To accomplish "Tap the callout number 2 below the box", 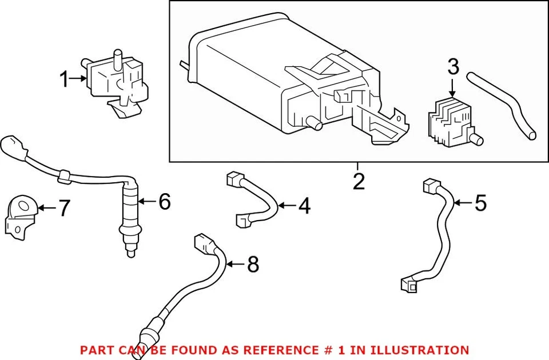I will [x=359, y=182].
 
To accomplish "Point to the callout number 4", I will [x=304, y=206].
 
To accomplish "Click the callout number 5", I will [x=480, y=203].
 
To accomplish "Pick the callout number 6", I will [x=164, y=201].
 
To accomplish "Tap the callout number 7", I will [x=64, y=209].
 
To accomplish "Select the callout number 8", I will [x=252, y=264].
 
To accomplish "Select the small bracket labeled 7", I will [x=21, y=216].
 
